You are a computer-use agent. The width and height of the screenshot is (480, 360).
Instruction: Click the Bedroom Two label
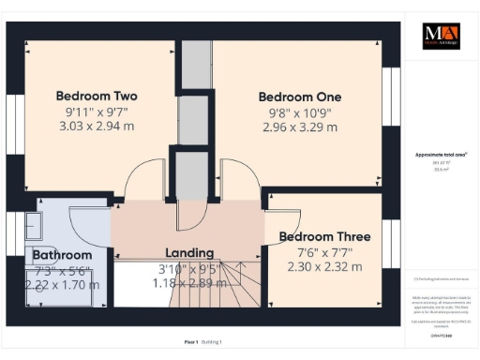(97, 96)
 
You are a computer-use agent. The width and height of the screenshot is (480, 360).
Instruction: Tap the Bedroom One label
(300, 97)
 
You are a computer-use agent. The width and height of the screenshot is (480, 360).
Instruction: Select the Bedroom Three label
(319, 237)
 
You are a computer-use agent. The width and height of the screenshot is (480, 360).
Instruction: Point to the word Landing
(189, 252)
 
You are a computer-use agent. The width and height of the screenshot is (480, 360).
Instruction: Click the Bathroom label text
(62, 255)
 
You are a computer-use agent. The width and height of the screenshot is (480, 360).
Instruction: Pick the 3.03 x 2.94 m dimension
(97, 127)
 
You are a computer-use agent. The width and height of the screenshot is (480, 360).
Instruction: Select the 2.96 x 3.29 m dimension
(300, 127)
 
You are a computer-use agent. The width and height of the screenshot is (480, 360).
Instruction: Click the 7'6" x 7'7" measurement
(319, 252)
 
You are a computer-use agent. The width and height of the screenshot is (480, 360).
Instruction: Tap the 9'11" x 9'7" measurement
(97, 112)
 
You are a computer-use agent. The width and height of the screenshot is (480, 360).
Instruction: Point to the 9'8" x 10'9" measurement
(300, 112)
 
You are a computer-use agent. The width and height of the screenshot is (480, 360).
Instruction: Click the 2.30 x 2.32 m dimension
(319, 267)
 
